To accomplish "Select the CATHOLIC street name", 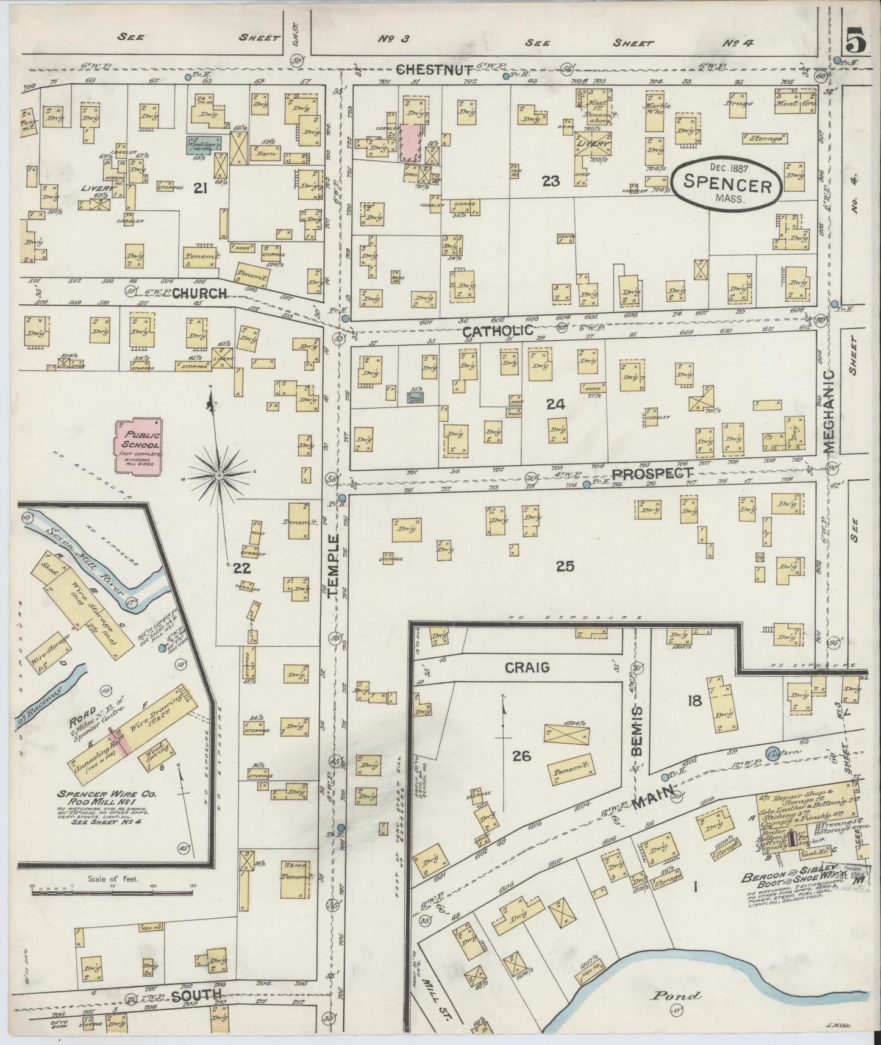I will (498, 330).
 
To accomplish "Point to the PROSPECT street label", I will (652, 473).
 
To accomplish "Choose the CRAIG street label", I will (527, 667).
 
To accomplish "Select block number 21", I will (199, 189).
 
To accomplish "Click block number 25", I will (565, 566).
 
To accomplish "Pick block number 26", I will (521, 757).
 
